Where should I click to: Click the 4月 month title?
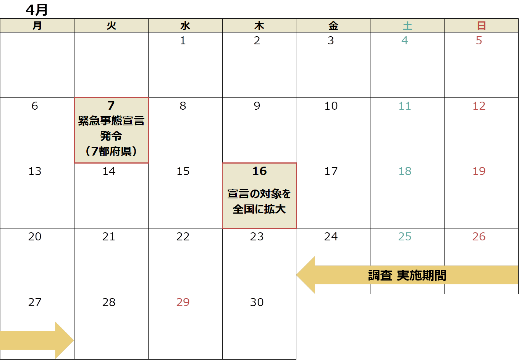click(x=37, y=10)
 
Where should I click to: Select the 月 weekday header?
click(x=37, y=26)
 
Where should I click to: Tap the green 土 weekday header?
click(x=407, y=26)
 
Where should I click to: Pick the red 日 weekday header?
click(x=482, y=26)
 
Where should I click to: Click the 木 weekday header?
click(x=259, y=26)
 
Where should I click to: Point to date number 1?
click(x=183, y=41)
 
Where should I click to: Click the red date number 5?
click(x=479, y=41)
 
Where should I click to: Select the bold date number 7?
click(x=111, y=105)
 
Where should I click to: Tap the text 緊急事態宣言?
click(x=111, y=121)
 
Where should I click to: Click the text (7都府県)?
click(x=111, y=151)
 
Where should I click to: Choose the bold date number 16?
click(x=260, y=171)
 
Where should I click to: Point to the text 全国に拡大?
click(x=259, y=209)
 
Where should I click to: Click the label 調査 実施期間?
click(x=407, y=276)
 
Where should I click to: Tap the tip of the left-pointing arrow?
click(x=297, y=275)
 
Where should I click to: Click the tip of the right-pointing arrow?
click(x=73, y=340)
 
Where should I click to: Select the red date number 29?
click(x=183, y=302)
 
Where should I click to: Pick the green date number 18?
click(x=405, y=171)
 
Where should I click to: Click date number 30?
click(x=257, y=302)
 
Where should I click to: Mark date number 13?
click(x=35, y=171)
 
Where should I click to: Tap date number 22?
click(x=183, y=237)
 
